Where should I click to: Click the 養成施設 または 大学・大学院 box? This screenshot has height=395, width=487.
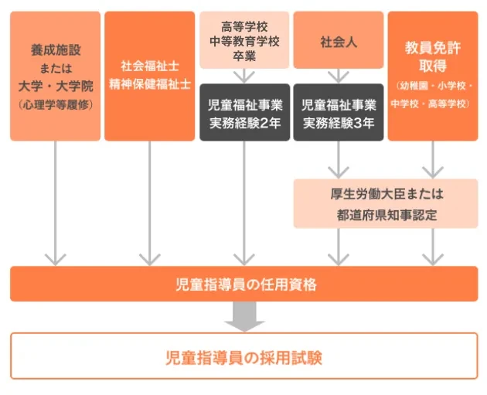coord(55,76)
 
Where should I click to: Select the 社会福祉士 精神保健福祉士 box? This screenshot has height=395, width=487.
coord(149,76)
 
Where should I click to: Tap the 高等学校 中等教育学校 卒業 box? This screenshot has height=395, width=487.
coord(244,39)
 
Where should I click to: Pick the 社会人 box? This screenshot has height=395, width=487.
coord(339,39)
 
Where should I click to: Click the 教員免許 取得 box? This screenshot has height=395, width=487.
coord(432,76)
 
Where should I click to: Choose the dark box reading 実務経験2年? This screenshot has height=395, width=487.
coord(244,113)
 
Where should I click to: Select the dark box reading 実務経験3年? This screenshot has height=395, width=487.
coord(339,113)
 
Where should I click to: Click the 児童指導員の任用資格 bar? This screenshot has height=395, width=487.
coord(243,284)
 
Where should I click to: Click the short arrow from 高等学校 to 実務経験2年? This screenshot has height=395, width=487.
coord(244,75)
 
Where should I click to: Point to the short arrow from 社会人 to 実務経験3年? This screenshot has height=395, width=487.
coord(339,75)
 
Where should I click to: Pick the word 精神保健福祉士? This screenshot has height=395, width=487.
coord(149,85)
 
